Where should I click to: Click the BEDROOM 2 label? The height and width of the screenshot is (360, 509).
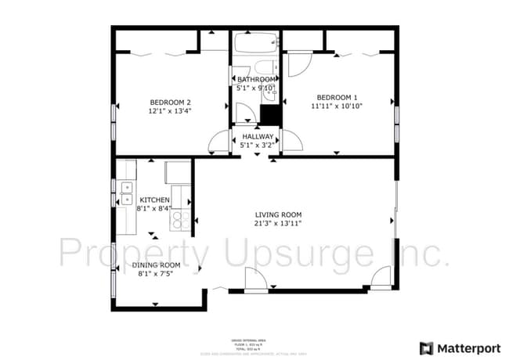[x=171, y=102]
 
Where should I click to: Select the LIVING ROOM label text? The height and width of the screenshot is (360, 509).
[x=278, y=214]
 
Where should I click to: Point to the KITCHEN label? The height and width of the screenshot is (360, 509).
[x=154, y=200]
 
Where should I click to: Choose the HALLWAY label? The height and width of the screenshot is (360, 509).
[x=257, y=136]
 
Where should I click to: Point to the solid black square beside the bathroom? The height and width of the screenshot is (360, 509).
[x=270, y=113]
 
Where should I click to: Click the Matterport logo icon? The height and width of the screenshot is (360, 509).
[x=426, y=347]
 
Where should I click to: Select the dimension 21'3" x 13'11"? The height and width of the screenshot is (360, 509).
[x=278, y=223]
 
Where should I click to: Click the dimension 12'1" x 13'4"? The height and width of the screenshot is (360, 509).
[x=171, y=111]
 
